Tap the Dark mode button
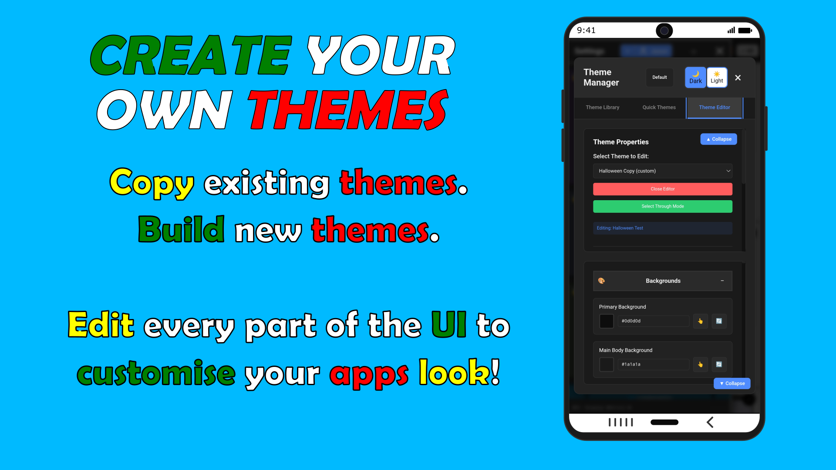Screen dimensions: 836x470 pyautogui.click(x=695, y=77)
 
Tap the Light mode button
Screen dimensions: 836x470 pyautogui.click(x=717, y=77)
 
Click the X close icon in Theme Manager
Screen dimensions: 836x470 pyautogui.click(x=738, y=77)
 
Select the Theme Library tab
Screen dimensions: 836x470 pyautogui.click(x=602, y=107)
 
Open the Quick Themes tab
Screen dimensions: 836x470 pyautogui.click(x=659, y=107)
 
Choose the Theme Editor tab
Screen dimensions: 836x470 pyautogui.click(x=715, y=107)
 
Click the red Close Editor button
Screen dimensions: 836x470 pyautogui.click(x=662, y=189)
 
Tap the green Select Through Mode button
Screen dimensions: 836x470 pyautogui.click(x=662, y=206)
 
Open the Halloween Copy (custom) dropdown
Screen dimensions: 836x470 pyautogui.click(x=662, y=171)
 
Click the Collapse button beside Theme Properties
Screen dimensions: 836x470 pyautogui.click(x=718, y=139)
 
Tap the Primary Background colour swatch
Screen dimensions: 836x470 pyautogui.click(x=607, y=321)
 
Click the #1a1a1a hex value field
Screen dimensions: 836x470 pyautogui.click(x=654, y=364)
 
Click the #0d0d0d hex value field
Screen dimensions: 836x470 pyautogui.click(x=654, y=321)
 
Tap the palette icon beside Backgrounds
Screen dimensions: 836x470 pyautogui.click(x=601, y=281)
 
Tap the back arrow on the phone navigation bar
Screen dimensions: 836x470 pyautogui.click(x=710, y=422)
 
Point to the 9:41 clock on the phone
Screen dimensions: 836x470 pyautogui.click(x=586, y=30)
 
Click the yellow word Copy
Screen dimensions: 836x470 pyautogui.click(x=152, y=183)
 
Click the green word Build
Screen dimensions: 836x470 pyautogui.click(x=181, y=229)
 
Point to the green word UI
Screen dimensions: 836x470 pyautogui.click(x=449, y=325)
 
